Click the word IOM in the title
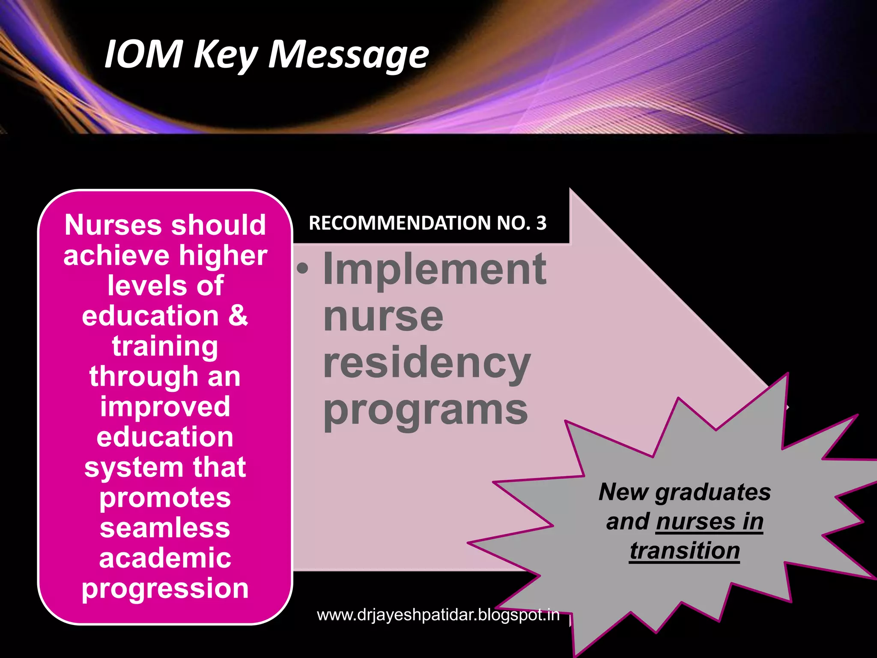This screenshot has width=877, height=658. point(143,54)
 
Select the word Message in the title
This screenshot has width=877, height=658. point(348,55)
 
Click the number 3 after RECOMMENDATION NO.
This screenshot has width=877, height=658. point(541,223)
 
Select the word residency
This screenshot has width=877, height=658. point(427,363)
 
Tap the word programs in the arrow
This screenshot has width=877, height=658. point(426,410)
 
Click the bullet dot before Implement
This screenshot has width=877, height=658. point(303,269)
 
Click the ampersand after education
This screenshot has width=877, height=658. point(238,316)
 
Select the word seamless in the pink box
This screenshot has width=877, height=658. point(165,528)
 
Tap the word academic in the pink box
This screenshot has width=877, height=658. point(165,558)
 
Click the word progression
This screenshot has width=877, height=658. point(165,589)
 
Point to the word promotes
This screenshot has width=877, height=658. point(165,497)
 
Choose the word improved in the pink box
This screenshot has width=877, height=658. point(165,407)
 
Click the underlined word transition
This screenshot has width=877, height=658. point(685,550)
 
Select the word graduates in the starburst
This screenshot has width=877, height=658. point(713,492)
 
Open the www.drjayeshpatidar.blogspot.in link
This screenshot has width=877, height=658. point(438,615)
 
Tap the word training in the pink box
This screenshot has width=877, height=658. point(165,346)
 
